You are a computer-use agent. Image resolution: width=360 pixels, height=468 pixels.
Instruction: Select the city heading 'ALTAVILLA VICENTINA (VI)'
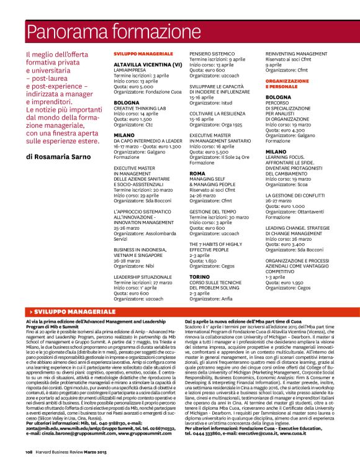click(x=148, y=65)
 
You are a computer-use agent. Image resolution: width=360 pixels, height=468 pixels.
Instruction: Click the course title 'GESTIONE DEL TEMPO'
click(x=214, y=212)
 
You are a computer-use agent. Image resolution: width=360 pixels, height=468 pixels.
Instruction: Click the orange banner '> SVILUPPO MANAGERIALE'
click(x=62, y=310)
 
